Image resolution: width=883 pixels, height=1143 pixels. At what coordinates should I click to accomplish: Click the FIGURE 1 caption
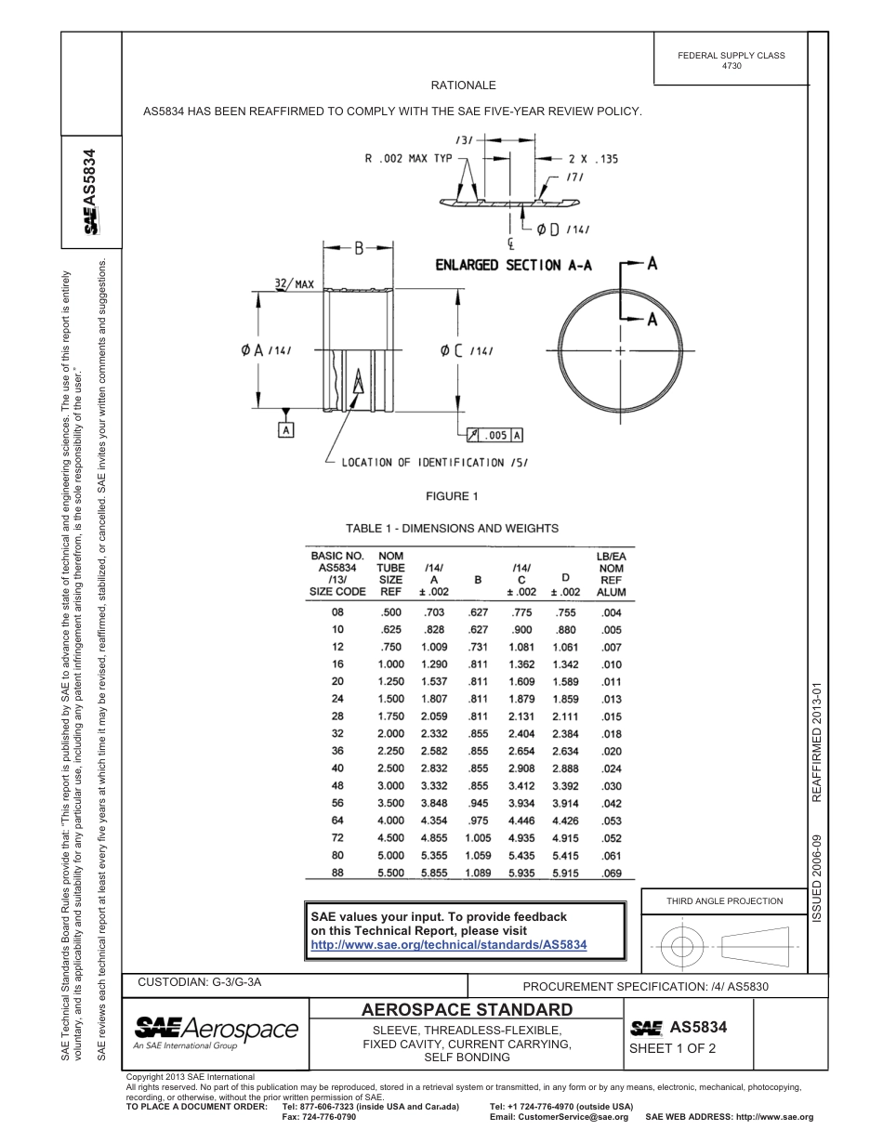tap(452, 495)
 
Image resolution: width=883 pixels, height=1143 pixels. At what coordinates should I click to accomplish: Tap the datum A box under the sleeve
tap(286, 430)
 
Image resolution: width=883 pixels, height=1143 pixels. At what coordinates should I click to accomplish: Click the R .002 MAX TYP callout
tap(408, 159)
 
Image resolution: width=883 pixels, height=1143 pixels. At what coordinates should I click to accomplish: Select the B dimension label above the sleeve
tap(359, 248)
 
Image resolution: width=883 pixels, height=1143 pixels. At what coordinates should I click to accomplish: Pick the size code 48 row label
tap(337, 786)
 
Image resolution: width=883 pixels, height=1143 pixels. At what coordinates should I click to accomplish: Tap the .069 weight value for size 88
tap(611, 874)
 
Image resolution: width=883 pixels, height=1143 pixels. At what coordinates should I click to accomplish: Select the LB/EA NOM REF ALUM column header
tap(611, 573)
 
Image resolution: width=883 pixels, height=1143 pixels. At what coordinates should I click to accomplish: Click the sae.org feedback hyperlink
tap(448, 944)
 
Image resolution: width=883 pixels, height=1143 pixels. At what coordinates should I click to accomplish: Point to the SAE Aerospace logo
tap(216, 1031)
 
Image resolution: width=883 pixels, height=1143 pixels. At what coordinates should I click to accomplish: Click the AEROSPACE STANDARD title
tap(467, 1009)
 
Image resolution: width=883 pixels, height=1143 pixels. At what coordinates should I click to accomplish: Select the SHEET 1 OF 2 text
tap(673, 1048)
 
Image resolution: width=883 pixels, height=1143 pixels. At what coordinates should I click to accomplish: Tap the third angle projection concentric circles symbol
tap(682, 947)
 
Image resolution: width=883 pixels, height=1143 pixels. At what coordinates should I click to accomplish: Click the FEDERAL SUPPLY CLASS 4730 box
tap(731, 60)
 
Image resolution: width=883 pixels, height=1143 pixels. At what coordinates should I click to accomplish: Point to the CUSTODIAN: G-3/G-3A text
tap(205, 981)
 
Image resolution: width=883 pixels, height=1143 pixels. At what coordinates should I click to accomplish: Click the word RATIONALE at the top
tap(463, 85)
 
